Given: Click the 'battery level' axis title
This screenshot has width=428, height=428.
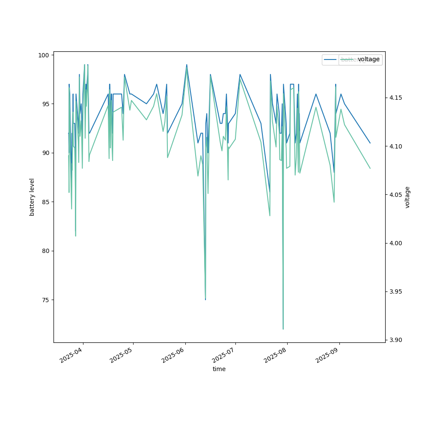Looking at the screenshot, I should pyautogui.click(x=32, y=197).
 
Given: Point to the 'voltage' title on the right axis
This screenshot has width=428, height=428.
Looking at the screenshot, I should pyautogui.click(x=407, y=197).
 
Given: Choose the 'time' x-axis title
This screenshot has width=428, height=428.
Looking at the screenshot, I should pyautogui.click(x=219, y=369).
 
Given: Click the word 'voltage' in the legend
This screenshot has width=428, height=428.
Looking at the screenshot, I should pyautogui.click(x=369, y=59).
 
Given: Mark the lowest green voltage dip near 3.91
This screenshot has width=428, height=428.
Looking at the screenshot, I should pyautogui.click(x=283, y=329).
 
